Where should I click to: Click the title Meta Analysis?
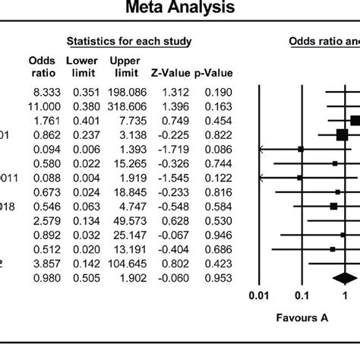coord(179,10)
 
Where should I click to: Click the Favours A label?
coord(302,319)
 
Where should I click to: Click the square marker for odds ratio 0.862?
coord(341,134)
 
